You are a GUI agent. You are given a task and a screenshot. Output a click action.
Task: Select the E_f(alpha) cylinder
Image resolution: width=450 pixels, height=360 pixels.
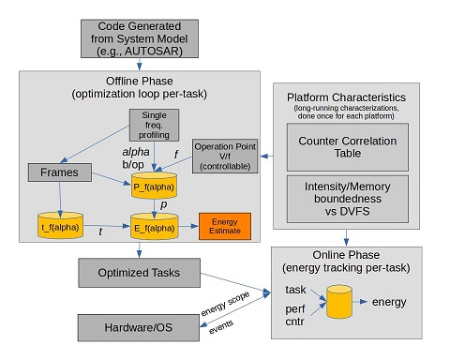pyautogui.click(x=155, y=226)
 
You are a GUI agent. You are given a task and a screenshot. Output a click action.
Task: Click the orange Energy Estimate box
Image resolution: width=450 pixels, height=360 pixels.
pyautogui.click(x=225, y=226)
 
